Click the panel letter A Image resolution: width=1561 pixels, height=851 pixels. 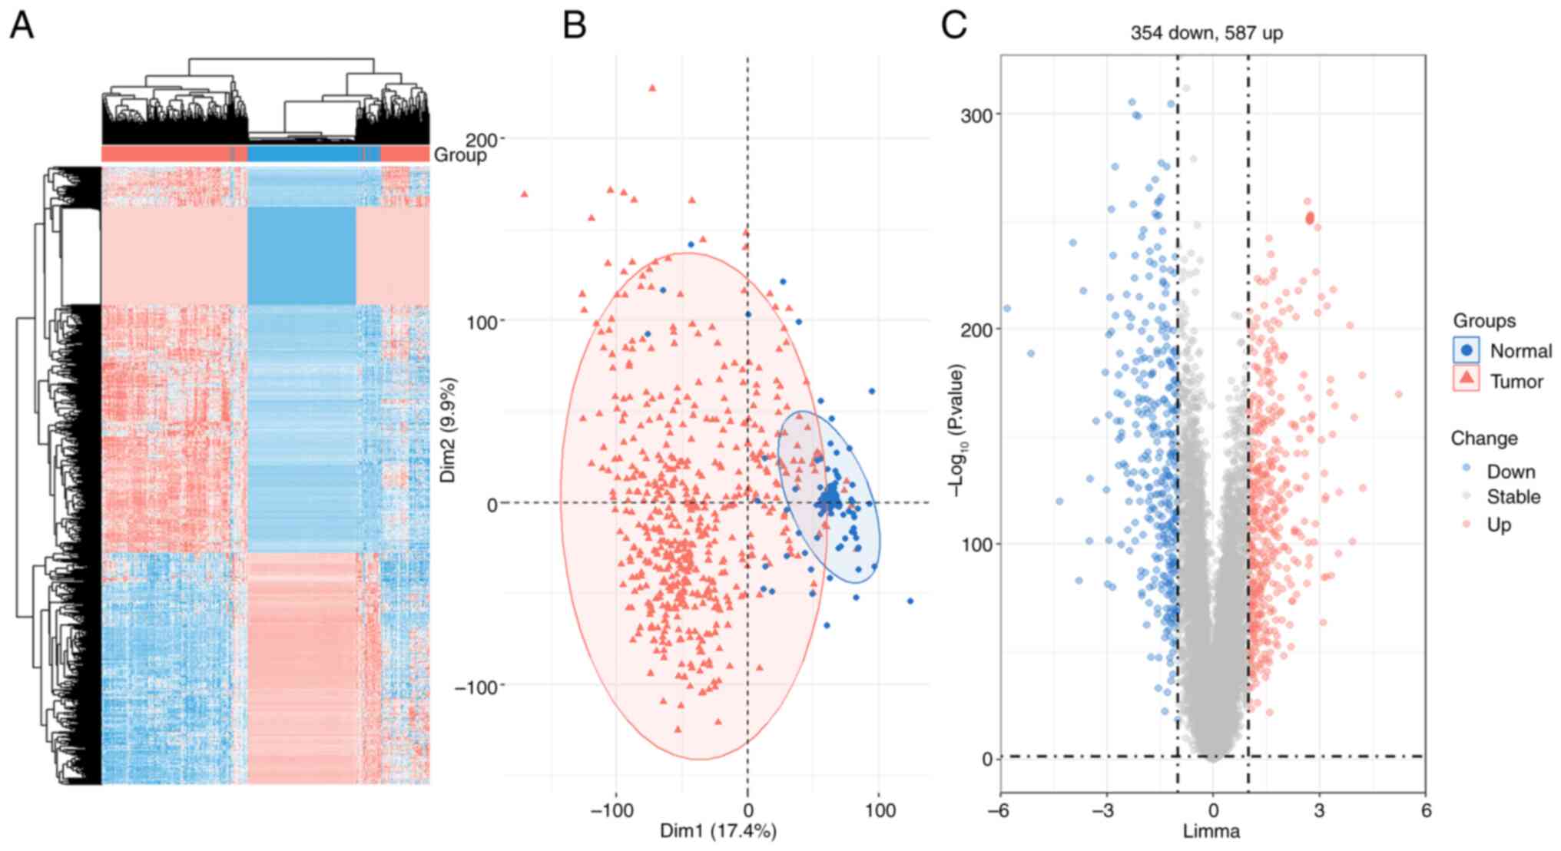tap(22, 25)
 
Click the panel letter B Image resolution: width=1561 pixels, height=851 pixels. tap(574, 25)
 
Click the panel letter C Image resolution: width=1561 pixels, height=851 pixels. tap(953, 25)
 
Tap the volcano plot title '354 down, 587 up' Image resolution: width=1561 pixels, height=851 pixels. tap(1206, 33)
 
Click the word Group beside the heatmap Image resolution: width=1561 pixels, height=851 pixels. tap(460, 155)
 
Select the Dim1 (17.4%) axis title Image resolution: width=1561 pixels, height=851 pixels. tap(718, 830)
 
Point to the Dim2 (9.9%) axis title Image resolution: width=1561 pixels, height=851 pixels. tap(448, 430)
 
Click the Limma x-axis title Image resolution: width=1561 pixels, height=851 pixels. tap(1211, 831)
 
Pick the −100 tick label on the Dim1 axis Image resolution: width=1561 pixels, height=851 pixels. tap(612, 810)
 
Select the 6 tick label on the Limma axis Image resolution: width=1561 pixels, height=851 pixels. tap(1426, 810)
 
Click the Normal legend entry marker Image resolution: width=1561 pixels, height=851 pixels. tap(1467, 350)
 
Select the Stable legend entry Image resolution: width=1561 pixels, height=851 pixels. tap(1513, 497)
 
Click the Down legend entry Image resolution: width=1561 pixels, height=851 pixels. tap(1510, 471)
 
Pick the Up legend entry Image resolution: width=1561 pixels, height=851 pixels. tap(1499, 525)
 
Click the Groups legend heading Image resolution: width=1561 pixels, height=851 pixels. tap(1483, 320)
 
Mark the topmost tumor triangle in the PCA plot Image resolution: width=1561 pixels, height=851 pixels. tap(652, 88)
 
